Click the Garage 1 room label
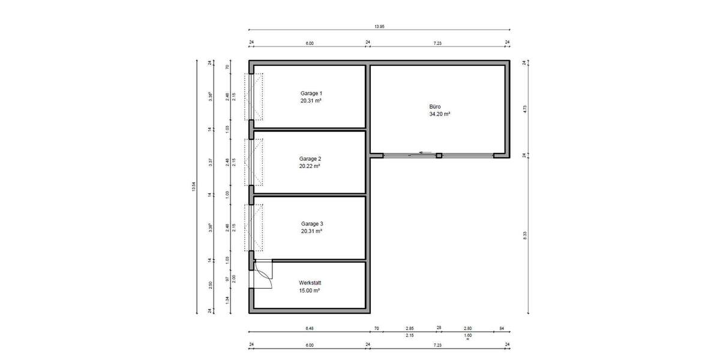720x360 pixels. (x=311, y=94)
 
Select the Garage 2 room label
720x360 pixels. (x=311, y=159)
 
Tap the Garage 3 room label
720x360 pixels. (x=311, y=223)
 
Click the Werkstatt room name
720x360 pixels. (x=310, y=282)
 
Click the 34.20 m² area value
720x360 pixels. (x=439, y=113)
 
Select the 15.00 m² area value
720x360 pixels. (x=310, y=290)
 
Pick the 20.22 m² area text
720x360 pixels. (x=310, y=167)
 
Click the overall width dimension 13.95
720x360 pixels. (x=379, y=26)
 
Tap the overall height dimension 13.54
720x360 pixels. (x=194, y=187)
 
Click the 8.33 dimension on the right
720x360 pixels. (x=525, y=235)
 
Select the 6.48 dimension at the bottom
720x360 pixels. (x=310, y=328)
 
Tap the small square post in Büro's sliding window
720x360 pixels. (x=439, y=155)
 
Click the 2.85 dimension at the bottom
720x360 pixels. (x=409, y=328)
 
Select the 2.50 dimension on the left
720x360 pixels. (x=210, y=284)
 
